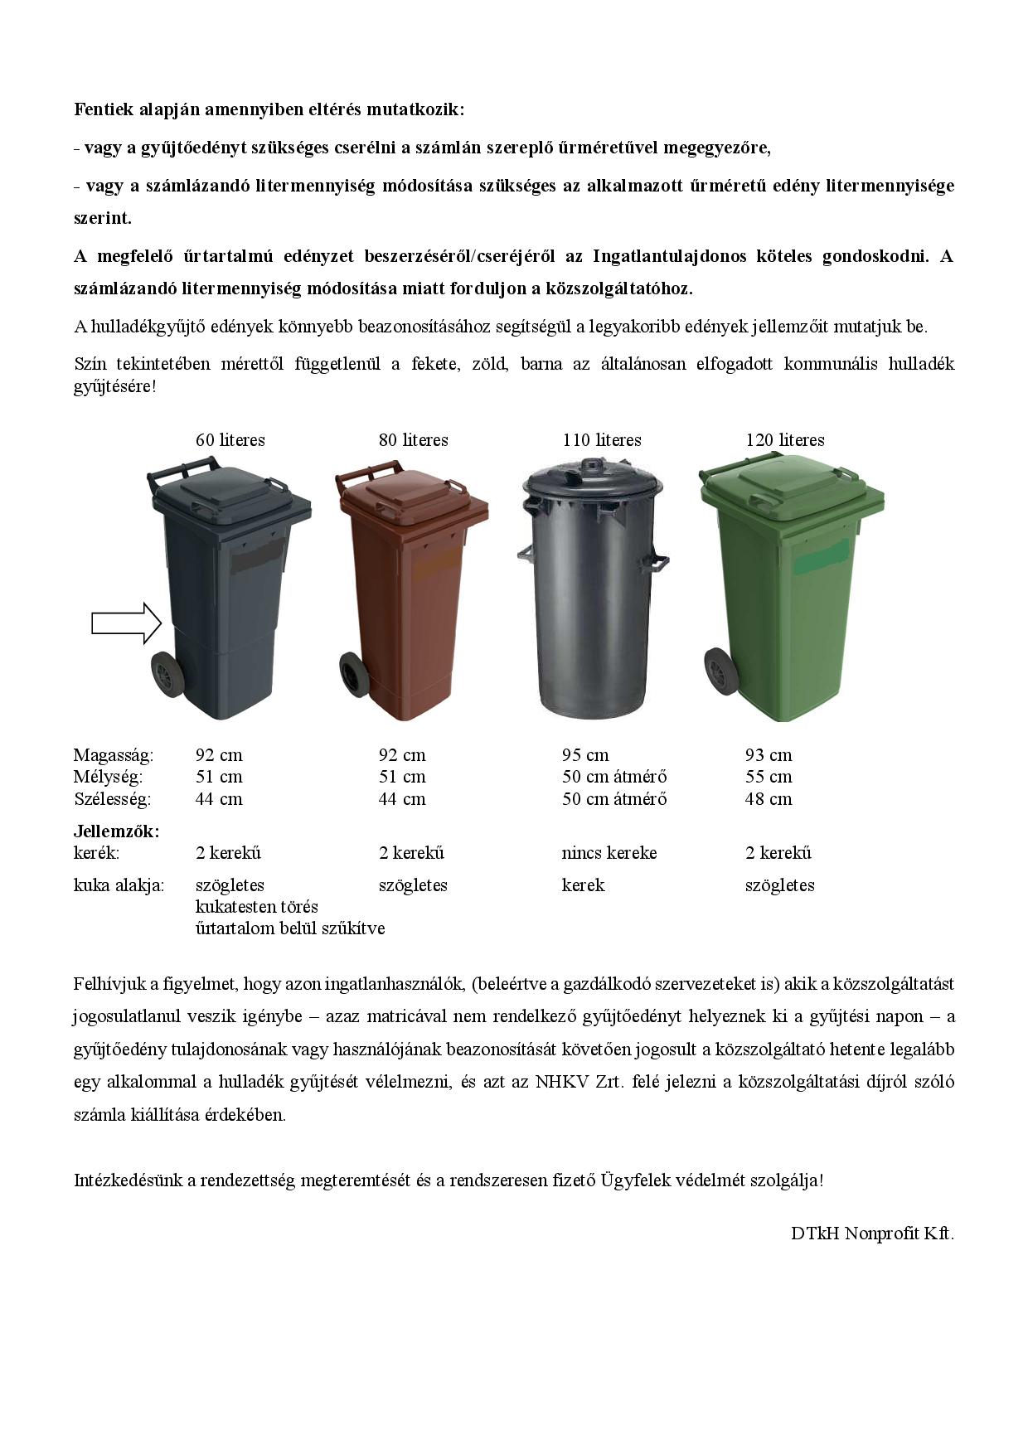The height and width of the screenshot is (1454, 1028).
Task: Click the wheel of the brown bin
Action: pos(353,674)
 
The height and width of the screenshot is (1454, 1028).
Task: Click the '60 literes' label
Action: pos(230,440)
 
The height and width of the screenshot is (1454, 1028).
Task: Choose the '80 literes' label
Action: pos(413,440)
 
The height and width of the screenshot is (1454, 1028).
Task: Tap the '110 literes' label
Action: pos(601,440)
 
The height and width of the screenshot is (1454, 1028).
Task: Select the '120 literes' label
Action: pos(784,440)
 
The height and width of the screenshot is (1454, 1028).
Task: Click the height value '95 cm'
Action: pos(584,755)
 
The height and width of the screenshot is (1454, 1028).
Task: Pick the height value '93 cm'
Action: pos(768,755)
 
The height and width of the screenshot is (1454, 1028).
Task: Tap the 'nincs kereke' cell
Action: pos(609,853)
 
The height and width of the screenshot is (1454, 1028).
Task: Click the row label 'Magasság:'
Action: pos(113,755)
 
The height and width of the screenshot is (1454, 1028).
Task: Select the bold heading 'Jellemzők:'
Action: pos(116,831)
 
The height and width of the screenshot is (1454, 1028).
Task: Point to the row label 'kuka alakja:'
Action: pos(119,885)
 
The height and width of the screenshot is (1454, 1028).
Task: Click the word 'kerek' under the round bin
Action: pos(583,885)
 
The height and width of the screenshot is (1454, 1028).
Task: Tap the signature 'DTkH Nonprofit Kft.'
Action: pos(872,1233)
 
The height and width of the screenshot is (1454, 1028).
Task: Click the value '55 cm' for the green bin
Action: pos(768,777)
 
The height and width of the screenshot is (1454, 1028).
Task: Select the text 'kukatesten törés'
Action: pos(256,907)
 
